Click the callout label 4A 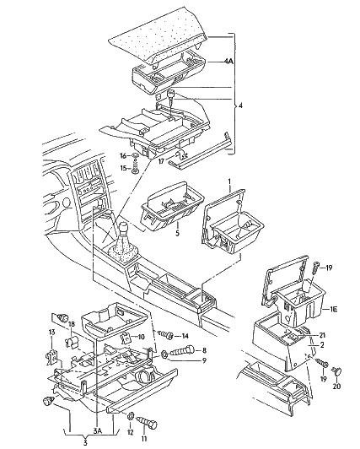(x=228, y=61)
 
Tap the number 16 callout (x=123, y=156)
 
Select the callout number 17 (x=162, y=161)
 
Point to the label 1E (x=333, y=309)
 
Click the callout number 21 (x=322, y=335)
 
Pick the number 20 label (x=337, y=386)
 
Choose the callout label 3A (x=97, y=430)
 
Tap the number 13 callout (x=51, y=333)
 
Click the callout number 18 (x=72, y=324)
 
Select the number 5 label (x=177, y=233)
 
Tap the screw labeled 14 (x=165, y=334)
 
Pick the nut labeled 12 (x=131, y=415)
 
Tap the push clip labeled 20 (x=337, y=371)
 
